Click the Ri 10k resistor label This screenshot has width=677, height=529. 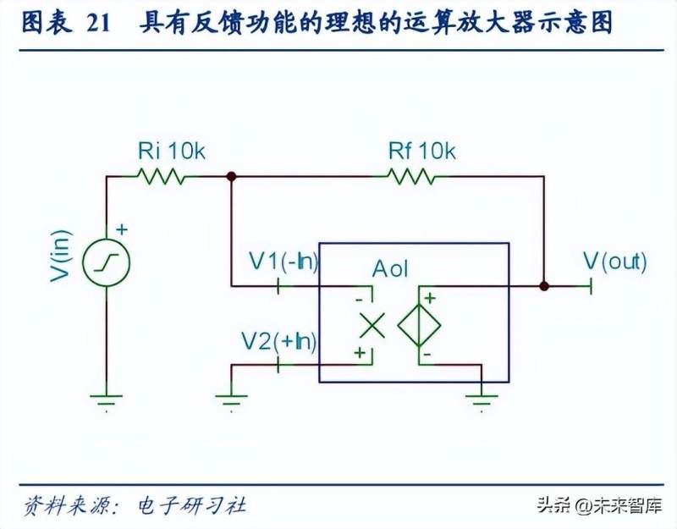coord(171,152)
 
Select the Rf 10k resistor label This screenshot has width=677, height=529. coord(421,152)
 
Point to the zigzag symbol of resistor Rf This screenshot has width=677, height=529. coord(411,177)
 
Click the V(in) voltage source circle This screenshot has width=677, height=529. coord(107,259)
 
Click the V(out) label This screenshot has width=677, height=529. coord(615,262)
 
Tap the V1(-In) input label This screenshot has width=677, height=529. coord(283,262)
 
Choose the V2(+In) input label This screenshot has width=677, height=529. coord(279,342)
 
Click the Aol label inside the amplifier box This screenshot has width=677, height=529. coord(390,270)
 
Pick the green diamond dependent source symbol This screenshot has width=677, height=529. coord(420,324)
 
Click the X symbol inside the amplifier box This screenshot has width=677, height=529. coord(371,324)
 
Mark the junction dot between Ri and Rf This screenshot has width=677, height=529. coord(231,177)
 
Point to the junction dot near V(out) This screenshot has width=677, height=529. coord(544,286)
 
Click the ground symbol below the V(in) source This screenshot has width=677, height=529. coord(107,397)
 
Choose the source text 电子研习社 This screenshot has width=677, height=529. coord(191,505)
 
